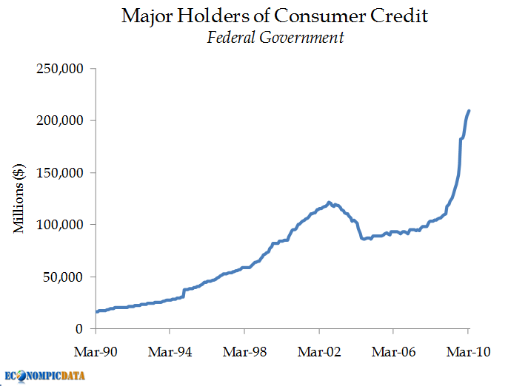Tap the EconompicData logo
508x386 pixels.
click(x=44, y=376)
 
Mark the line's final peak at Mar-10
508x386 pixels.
click(x=469, y=111)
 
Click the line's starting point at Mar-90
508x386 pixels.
click(x=96, y=311)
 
